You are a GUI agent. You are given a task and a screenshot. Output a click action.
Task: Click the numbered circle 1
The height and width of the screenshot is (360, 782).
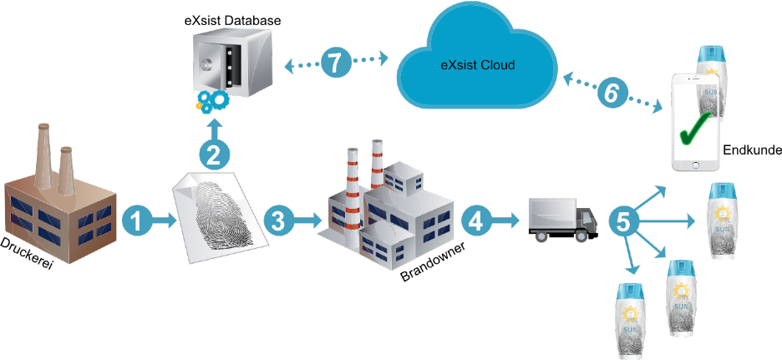click(x=137, y=220)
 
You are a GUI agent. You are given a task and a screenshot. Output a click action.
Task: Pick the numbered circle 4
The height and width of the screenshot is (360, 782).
click(x=476, y=220)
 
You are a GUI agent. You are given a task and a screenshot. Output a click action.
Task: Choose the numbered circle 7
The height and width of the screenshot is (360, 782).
click(x=336, y=63)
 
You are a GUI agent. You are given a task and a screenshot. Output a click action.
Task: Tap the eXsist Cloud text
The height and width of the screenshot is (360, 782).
click(x=478, y=65)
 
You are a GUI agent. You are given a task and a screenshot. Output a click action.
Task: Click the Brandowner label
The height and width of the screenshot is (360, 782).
click(x=433, y=262)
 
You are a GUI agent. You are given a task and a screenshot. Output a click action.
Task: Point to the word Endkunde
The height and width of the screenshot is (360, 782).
click(x=752, y=150)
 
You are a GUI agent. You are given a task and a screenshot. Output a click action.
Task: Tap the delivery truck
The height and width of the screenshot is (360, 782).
click(x=562, y=220)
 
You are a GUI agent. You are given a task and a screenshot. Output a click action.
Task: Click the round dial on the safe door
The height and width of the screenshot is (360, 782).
click(x=206, y=65)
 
